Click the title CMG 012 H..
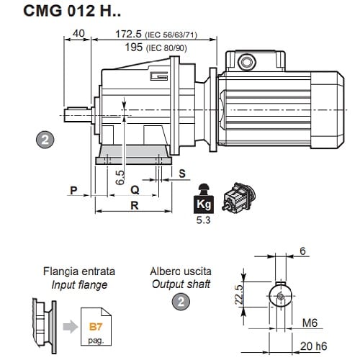72,11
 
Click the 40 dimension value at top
78,33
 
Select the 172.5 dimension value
128,34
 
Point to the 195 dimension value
133,47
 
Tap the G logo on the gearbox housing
158,76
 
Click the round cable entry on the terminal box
246,62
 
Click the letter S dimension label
182,174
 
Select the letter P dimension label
73,190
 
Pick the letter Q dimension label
135,190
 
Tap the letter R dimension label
135,206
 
